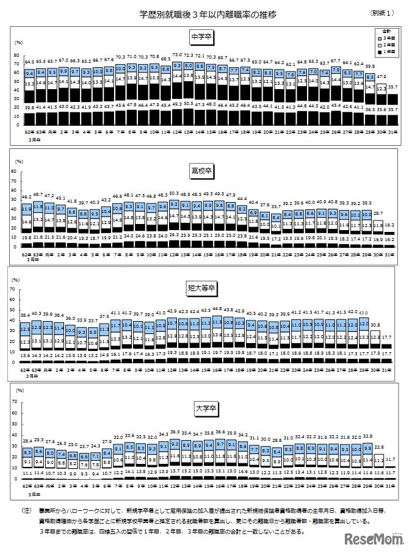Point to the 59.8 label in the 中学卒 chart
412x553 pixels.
(369, 65)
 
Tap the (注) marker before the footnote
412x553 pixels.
(26, 508)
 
